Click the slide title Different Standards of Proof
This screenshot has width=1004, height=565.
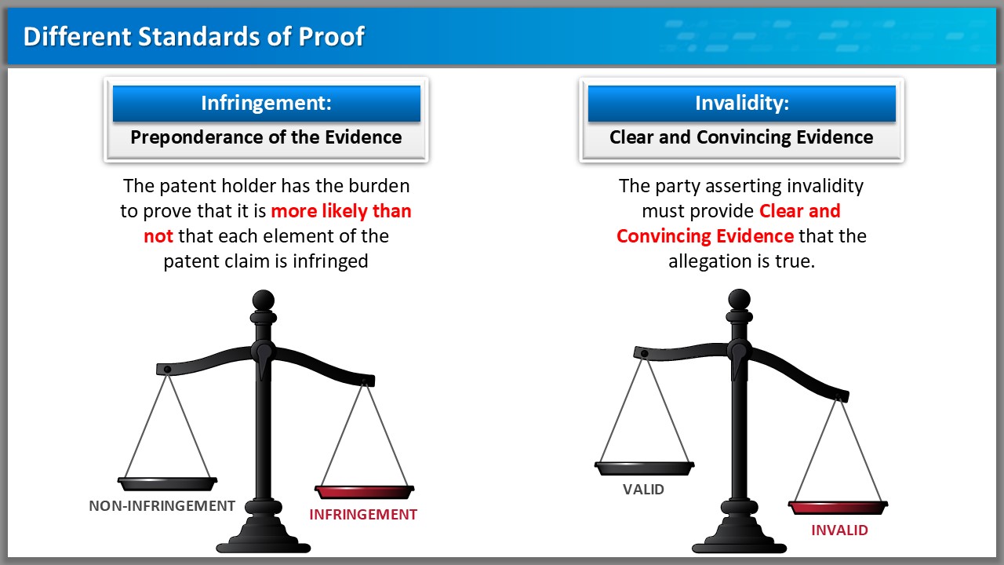(x=194, y=36)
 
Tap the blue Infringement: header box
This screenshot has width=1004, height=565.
(x=266, y=103)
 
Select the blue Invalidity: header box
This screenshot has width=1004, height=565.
(x=742, y=103)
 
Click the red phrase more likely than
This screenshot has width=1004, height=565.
(x=341, y=211)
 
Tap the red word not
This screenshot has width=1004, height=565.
(x=158, y=236)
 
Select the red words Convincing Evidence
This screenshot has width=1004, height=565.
(x=705, y=236)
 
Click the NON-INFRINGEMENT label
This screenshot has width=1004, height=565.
(x=162, y=506)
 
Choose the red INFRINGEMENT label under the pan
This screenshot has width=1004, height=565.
(x=363, y=514)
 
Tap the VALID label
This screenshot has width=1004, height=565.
(x=643, y=489)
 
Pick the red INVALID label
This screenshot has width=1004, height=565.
(x=839, y=530)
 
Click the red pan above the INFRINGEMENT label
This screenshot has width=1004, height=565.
(x=364, y=492)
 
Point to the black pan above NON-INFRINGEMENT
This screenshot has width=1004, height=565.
(x=167, y=483)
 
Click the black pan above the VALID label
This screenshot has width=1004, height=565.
(x=644, y=468)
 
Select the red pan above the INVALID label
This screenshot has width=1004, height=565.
(x=838, y=508)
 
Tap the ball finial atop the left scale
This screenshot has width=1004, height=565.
(x=263, y=300)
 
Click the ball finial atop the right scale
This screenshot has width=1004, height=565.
(x=739, y=300)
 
